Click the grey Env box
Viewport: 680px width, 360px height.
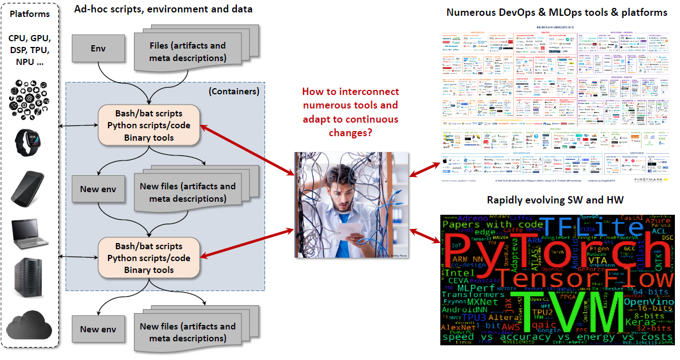tap(98, 49)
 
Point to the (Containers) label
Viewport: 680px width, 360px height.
tap(233, 91)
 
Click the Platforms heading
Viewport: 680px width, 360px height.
tap(29, 14)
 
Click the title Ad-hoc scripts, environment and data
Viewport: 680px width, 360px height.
tap(163, 9)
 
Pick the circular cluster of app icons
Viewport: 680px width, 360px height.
tap(29, 97)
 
